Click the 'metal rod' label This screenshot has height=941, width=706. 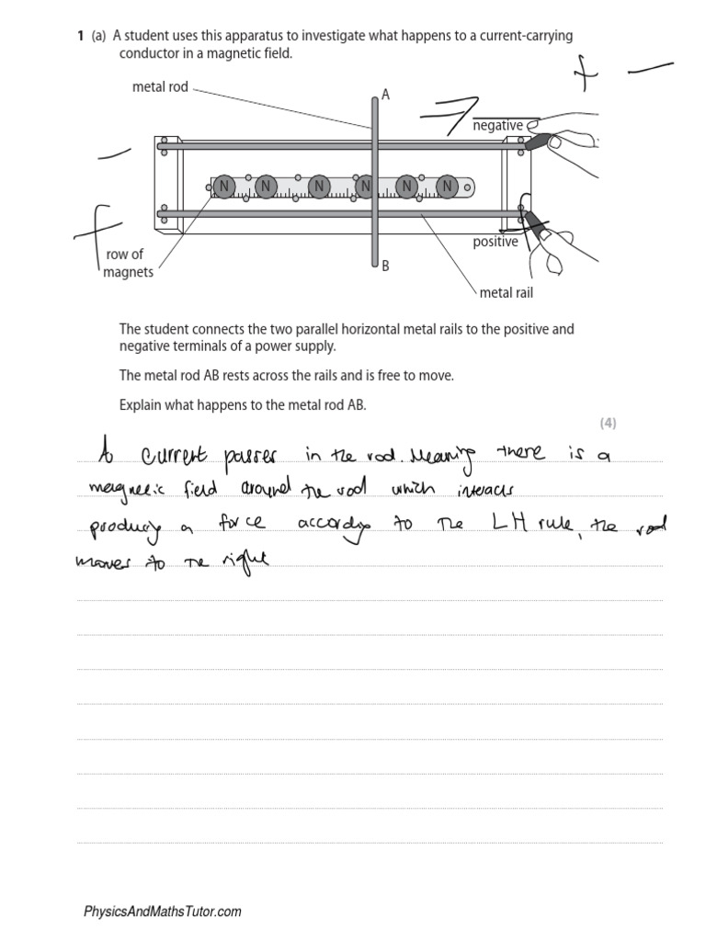(160, 87)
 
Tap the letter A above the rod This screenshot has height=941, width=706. (386, 94)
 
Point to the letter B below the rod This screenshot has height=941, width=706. (385, 266)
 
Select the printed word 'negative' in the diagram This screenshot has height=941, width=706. (497, 126)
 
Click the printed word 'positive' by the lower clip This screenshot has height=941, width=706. (495, 243)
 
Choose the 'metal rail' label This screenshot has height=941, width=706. (506, 293)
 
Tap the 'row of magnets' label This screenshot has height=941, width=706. (128, 263)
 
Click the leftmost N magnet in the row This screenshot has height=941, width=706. (223, 187)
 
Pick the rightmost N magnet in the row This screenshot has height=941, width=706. (447, 187)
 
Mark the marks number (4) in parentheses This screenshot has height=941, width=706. (608, 423)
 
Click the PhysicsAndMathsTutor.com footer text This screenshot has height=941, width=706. (163, 912)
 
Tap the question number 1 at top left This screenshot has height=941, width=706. (80, 36)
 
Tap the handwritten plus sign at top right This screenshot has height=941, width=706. (581, 74)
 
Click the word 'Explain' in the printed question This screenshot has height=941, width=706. (140, 404)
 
